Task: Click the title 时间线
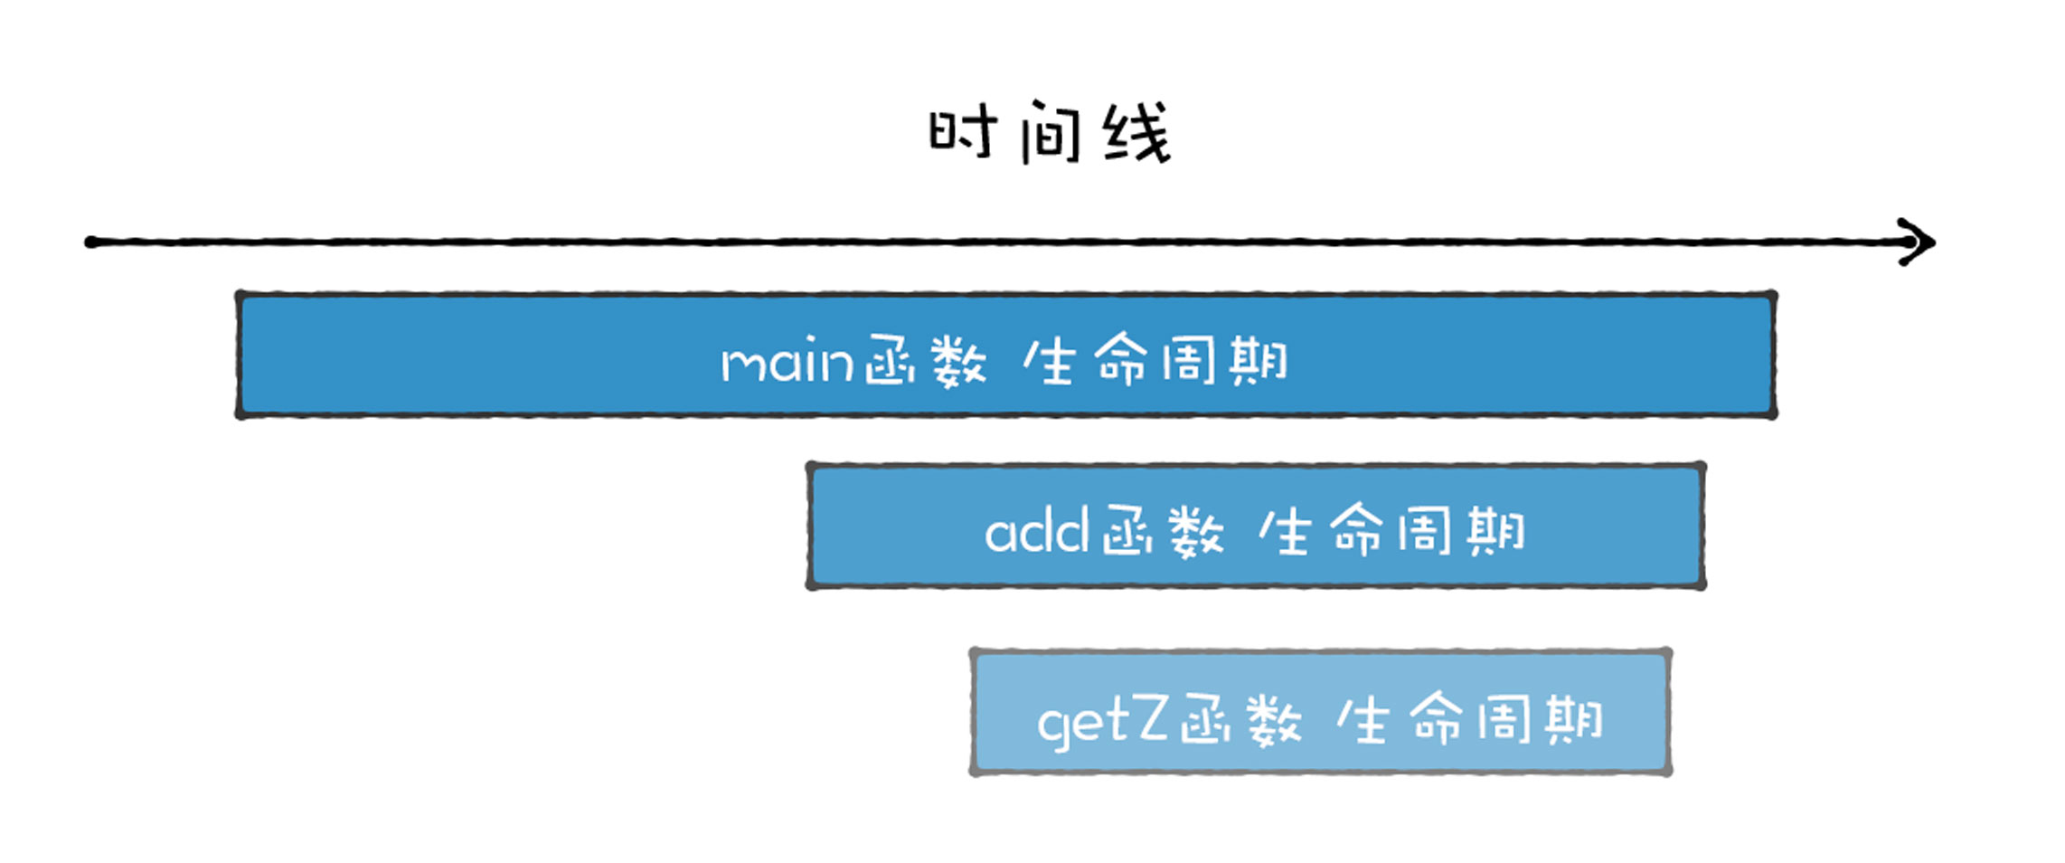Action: pos(1050,134)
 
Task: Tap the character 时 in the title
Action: pos(963,134)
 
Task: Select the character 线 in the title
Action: pos(1137,134)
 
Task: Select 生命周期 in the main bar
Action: pos(1155,362)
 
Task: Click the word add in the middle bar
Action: pos(1035,531)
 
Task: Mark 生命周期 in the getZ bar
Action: pos(1469,721)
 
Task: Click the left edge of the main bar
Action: pos(240,355)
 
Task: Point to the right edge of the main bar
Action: pos(1774,355)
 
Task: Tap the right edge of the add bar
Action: pos(1702,526)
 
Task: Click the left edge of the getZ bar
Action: pos(974,712)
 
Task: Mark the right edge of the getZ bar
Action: pos(1668,712)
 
